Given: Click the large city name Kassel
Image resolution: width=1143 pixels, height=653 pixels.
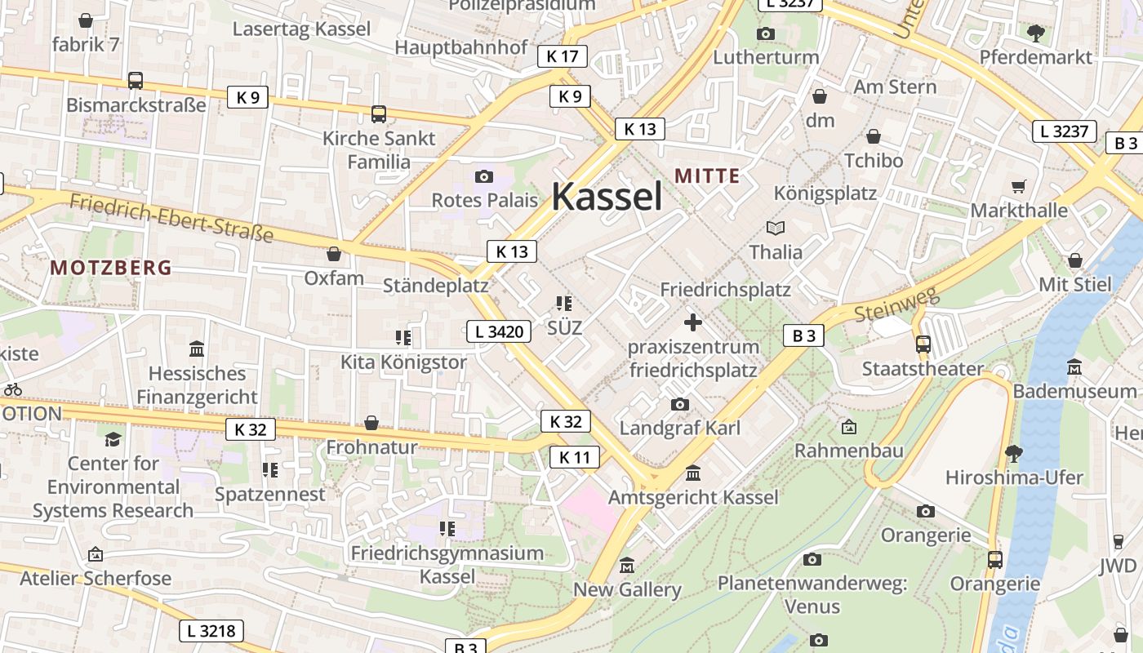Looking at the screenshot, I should point(607,197).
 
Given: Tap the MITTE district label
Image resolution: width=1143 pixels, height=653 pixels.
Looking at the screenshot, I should point(707,175).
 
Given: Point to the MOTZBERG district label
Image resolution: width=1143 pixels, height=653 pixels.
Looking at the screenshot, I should point(111,267).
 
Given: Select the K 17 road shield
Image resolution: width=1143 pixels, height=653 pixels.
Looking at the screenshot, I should point(563,56).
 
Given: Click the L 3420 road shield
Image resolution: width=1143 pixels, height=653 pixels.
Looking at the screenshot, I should point(499,331).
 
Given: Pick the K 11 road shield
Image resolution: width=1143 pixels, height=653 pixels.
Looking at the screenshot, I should point(575,457).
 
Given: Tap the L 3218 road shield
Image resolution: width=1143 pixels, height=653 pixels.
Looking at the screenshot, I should point(211,630).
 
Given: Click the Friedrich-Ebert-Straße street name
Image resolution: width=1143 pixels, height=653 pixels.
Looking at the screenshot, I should point(171,218).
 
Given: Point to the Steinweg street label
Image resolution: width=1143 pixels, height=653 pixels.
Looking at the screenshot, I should point(896,304).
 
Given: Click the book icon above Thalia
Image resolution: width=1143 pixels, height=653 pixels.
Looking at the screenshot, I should point(776,229).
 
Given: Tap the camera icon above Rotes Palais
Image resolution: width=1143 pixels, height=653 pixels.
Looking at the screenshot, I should point(484,176).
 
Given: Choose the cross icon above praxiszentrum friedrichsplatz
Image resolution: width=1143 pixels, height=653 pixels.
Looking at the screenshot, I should point(693,322).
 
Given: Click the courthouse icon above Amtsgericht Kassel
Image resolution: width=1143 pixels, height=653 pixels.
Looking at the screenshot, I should point(693,473).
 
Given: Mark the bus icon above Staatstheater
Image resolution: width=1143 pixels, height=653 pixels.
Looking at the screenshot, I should point(923,344).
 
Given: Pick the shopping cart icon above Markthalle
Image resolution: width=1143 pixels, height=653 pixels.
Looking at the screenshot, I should point(1018,187).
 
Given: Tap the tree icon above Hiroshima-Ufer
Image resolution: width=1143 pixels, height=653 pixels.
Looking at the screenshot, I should point(1013,453).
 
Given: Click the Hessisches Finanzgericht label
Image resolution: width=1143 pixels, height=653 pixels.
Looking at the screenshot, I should point(197,385).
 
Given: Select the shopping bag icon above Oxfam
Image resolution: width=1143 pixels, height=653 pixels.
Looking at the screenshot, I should point(334,254).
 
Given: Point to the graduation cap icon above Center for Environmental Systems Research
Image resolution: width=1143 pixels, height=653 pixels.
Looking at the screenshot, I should point(113,439).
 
